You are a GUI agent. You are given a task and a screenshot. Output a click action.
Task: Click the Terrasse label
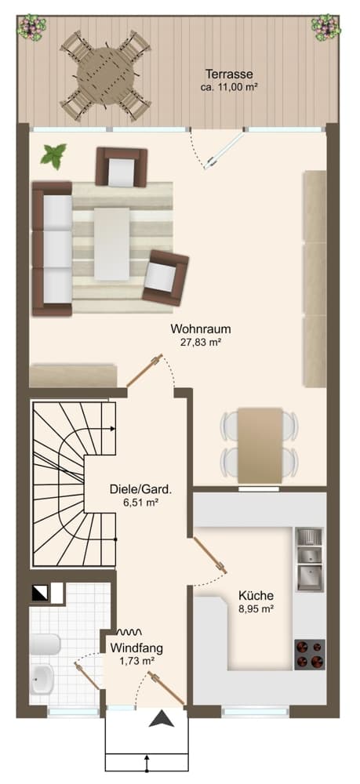pos(229,74)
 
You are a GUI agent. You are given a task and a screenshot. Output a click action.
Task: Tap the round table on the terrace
pos(106,76)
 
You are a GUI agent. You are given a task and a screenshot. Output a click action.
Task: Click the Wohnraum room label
pos(201,329)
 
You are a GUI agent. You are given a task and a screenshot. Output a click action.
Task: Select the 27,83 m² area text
pos(201,343)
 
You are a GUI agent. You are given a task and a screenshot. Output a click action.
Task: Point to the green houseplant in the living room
pos(53,155)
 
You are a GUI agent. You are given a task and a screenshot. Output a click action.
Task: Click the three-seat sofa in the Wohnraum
pos(52,249)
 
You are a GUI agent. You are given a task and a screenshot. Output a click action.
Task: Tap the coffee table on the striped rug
pos(112,244)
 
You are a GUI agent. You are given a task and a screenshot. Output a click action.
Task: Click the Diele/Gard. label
pos(140,490)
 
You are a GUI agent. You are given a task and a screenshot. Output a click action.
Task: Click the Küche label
pos(256,596)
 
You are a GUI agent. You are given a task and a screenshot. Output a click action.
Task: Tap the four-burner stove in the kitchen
pos(310,655)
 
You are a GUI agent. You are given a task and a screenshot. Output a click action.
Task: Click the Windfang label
pos(136,648)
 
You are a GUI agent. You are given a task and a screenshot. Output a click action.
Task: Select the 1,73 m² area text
pos(136,661)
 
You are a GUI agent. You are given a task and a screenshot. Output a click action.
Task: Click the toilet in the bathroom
pos(45,644)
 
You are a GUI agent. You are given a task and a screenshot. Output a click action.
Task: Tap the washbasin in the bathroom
pos(41,679)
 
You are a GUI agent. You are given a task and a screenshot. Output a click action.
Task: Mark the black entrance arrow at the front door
pos(162,719)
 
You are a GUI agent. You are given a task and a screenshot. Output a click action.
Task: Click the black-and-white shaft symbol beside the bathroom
pos(38,593)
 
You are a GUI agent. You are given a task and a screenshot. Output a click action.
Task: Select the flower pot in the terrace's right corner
pos(325,27)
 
